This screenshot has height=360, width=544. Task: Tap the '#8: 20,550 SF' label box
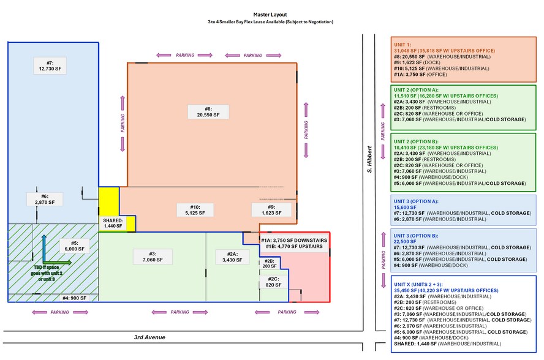click(x=208, y=111)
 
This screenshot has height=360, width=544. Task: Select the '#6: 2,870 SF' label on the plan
click(x=40, y=198)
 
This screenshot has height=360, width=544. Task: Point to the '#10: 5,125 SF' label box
click(x=192, y=209)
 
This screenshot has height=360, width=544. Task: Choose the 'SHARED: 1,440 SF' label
click(x=113, y=223)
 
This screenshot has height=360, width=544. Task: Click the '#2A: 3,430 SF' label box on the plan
click(x=232, y=257)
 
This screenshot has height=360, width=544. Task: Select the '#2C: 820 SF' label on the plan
click(x=270, y=282)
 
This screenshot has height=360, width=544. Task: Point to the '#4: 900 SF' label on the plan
click(x=75, y=298)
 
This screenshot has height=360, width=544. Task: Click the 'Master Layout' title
click(x=271, y=14)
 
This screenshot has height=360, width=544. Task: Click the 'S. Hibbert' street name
click(x=369, y=159)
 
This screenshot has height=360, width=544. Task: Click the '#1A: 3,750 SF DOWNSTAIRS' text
click(x=294, y=241)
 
